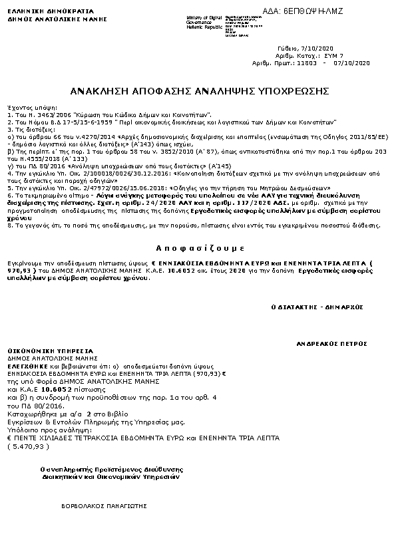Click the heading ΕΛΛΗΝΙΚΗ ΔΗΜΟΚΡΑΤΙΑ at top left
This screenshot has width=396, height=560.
(36, 11)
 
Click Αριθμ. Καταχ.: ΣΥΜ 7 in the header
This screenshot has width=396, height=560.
(311, 56)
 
